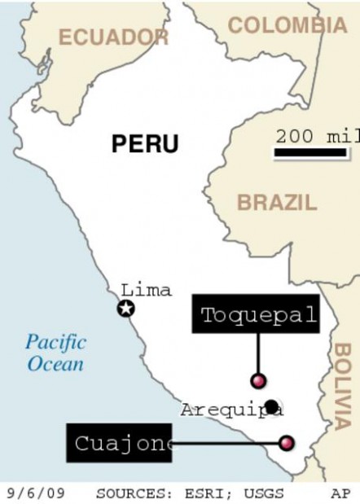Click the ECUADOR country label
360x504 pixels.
(113, 37)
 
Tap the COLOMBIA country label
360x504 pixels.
(287, 25)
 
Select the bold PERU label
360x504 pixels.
(145, 144)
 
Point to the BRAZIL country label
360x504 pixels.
(277, 203)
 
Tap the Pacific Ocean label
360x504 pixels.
(55, 352)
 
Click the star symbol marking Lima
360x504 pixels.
(125, 309)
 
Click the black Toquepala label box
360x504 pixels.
(257, 315)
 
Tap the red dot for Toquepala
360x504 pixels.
(258, 380)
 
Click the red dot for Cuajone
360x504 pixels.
(286, 442)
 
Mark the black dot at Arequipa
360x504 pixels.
(270, 405)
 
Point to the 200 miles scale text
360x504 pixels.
(316, 136)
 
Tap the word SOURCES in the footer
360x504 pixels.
(127, 493)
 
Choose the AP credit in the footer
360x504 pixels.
(340, 493)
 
